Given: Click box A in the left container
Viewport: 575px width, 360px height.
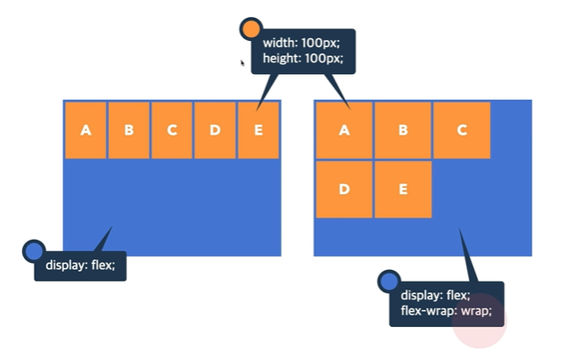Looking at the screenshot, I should click(86, 130).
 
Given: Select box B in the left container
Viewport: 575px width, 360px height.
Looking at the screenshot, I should click(129, 130).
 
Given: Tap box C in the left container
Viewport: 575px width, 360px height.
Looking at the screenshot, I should click(172, 130).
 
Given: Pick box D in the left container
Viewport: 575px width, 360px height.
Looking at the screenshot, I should click(215, 130).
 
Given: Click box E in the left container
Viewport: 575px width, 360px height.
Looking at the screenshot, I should click(259, 130).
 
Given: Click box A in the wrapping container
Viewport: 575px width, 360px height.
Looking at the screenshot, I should click(343, 130).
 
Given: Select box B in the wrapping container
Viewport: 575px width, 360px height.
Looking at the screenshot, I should click(403, 130).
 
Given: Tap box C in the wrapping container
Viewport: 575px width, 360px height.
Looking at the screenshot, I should click(462, 130).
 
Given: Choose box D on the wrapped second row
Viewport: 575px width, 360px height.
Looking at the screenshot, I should click(343, 189).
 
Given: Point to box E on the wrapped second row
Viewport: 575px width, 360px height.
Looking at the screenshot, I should click(403, 189).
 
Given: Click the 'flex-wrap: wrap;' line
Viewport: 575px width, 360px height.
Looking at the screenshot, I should click(446, 312).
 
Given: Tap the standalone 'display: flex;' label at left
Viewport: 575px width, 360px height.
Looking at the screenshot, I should click(80, 265).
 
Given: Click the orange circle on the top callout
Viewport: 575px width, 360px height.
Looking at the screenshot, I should click(251, 29).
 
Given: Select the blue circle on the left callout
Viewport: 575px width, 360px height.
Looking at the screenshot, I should click(33, 250).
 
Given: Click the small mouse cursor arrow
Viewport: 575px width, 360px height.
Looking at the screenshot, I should click(242, 62).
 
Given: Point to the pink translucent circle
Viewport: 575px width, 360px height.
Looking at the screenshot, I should click(480, 321).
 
